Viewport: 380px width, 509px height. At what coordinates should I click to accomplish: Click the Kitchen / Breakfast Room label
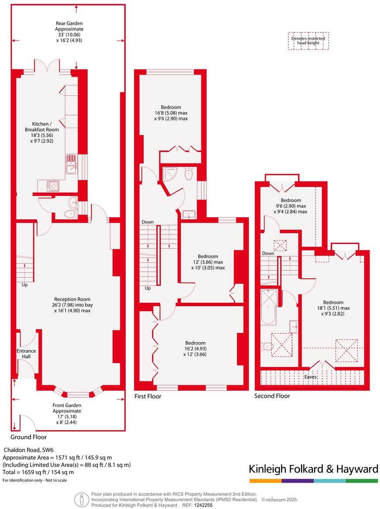pyautogui.click(x=42, y=129)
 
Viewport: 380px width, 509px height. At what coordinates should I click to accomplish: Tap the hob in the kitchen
pyautogui.click(x=53, y=186)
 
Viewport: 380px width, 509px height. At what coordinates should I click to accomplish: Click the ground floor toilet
pyautogui.click(x=70, y=214)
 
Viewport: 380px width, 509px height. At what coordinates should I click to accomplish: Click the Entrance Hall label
pyautogui.click(x=27, y=353)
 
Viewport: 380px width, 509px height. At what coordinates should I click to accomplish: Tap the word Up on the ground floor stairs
pyautogui.click(x=24, y=285)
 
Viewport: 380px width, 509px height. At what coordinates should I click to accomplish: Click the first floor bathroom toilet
pyautogui.click(x=189, y=174)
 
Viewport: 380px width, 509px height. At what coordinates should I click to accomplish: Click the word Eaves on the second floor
pyautogui.click(x=310, y=377)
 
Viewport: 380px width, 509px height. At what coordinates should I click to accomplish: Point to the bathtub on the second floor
pyautogui.click(x=268, y=307)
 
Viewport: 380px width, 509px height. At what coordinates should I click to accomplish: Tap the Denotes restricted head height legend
pyautogui.click(x=308, y=41)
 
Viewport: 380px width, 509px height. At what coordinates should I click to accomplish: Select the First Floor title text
pyautogui.click(x=148, y=397)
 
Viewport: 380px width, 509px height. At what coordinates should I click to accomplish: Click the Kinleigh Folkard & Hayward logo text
pyautogui.click(x=313, y=469)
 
